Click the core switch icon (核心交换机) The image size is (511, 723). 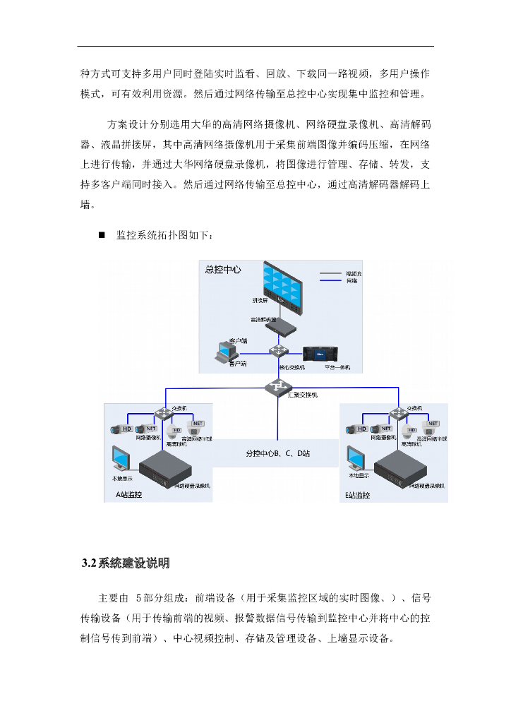(x=280, y=352)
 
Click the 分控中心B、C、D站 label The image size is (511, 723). (x=277, y=453)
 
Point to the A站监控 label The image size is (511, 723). (x=128, y=495)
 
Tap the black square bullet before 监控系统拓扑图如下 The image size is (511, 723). (x=102, y=234)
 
